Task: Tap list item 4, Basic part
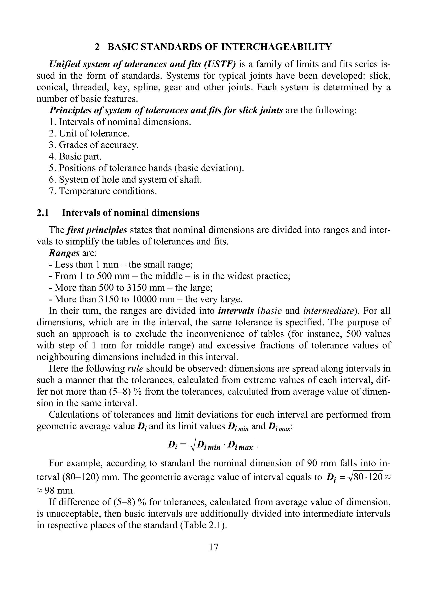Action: tap(75, 157)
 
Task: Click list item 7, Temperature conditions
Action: tap(103, 191)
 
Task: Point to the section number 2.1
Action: tap(43, 213)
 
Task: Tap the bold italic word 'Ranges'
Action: tap(64, 253)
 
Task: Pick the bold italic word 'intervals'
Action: tap(236, 311)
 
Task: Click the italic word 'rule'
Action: tap(135, 368)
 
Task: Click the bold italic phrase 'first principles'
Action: tap(97, 230)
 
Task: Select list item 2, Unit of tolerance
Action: tap(89, 134)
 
